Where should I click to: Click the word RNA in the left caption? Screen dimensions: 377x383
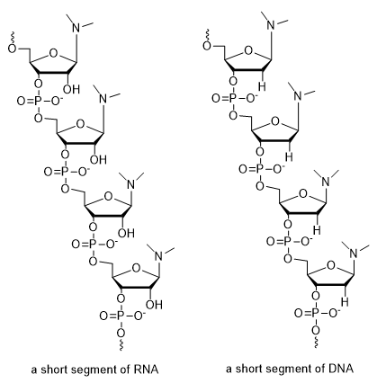[x=148, y=370]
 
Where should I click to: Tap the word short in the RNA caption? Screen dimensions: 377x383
[x=52, y=370]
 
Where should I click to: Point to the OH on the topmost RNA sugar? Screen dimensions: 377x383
[x=73, y=89]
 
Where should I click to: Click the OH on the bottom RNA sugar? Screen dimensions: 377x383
[x=154, y=305]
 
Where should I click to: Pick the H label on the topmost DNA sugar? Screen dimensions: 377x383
[x=262, y=86]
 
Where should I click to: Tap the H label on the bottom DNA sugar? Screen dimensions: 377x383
[x=345, y=301]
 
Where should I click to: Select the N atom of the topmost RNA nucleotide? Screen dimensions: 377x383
[x=77, y=28]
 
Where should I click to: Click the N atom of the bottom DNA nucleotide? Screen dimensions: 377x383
[x=355, y=254]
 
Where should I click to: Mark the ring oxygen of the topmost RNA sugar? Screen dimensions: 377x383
[x=53, y=53]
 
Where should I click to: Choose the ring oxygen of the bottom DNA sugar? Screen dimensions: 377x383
[x=331, y=265]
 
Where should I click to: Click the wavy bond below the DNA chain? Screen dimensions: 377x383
[x=316, y=342]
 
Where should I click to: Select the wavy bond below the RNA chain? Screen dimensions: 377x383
[x=121, y=344]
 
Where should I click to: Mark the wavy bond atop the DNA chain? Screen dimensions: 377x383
[x=208, y=35]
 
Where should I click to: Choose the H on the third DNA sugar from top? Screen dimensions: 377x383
[x=318, y=230]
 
